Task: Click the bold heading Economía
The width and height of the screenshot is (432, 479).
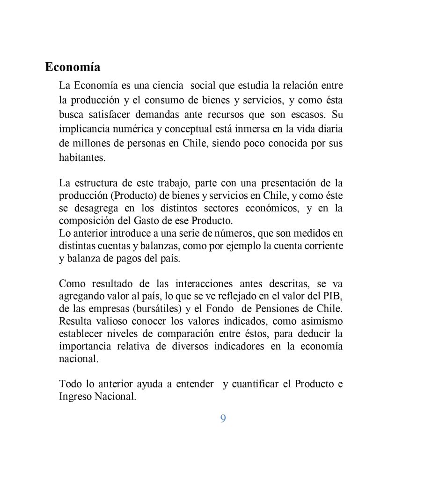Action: click(x=73, y=67)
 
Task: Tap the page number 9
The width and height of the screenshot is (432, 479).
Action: click(x=223, y=419)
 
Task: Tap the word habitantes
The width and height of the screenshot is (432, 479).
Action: click(x=82, y=158)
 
